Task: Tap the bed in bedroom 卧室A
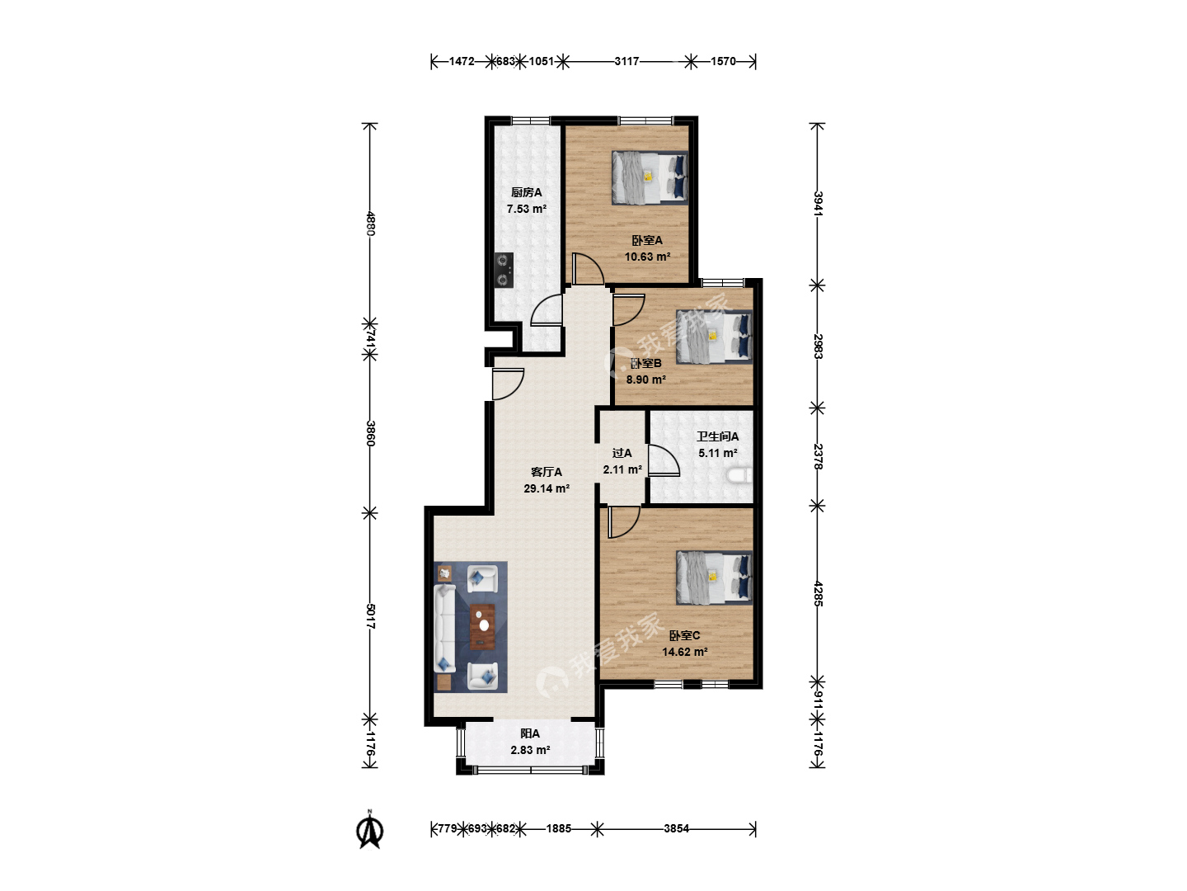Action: pyautogui.click(x=650, y=177)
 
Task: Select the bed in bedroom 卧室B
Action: pyautogui.click(x=714, y=336)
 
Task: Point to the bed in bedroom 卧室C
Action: pyautogui.click(x=714, y=577)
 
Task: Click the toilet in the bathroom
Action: pyautogui.click(x=739, y=475)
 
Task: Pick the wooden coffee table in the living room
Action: pyautogui.click(x=482, y=627)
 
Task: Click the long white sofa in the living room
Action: pyautogui.click(x=445, y=629)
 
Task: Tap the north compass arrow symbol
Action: pyautogui.click(x=370, y=831)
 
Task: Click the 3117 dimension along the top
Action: pyautogui.click(x=626, y=62)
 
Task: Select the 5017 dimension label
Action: pyautogui.click(x=370, y=616)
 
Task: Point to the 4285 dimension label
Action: pyautogui.click(x=818, y=593)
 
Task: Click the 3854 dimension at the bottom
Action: pyautogui.click(x=677, y=828)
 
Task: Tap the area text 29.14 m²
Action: pyautogui.click(x=547, y=488)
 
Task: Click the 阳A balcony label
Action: pyautogui.click(x=530, y=733)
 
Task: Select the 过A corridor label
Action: pyautogui.click(x=622, y=453)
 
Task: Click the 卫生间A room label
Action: pyautogui.click(x=718, y=436)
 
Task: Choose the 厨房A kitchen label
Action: pyautogui.click(x=526, y=192)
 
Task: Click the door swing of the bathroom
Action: pyautogui.click(x=664, y=460)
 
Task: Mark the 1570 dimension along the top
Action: pyautogui.click(x=723, y=62)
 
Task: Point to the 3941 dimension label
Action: pyautogui.click(x=818, y=204)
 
